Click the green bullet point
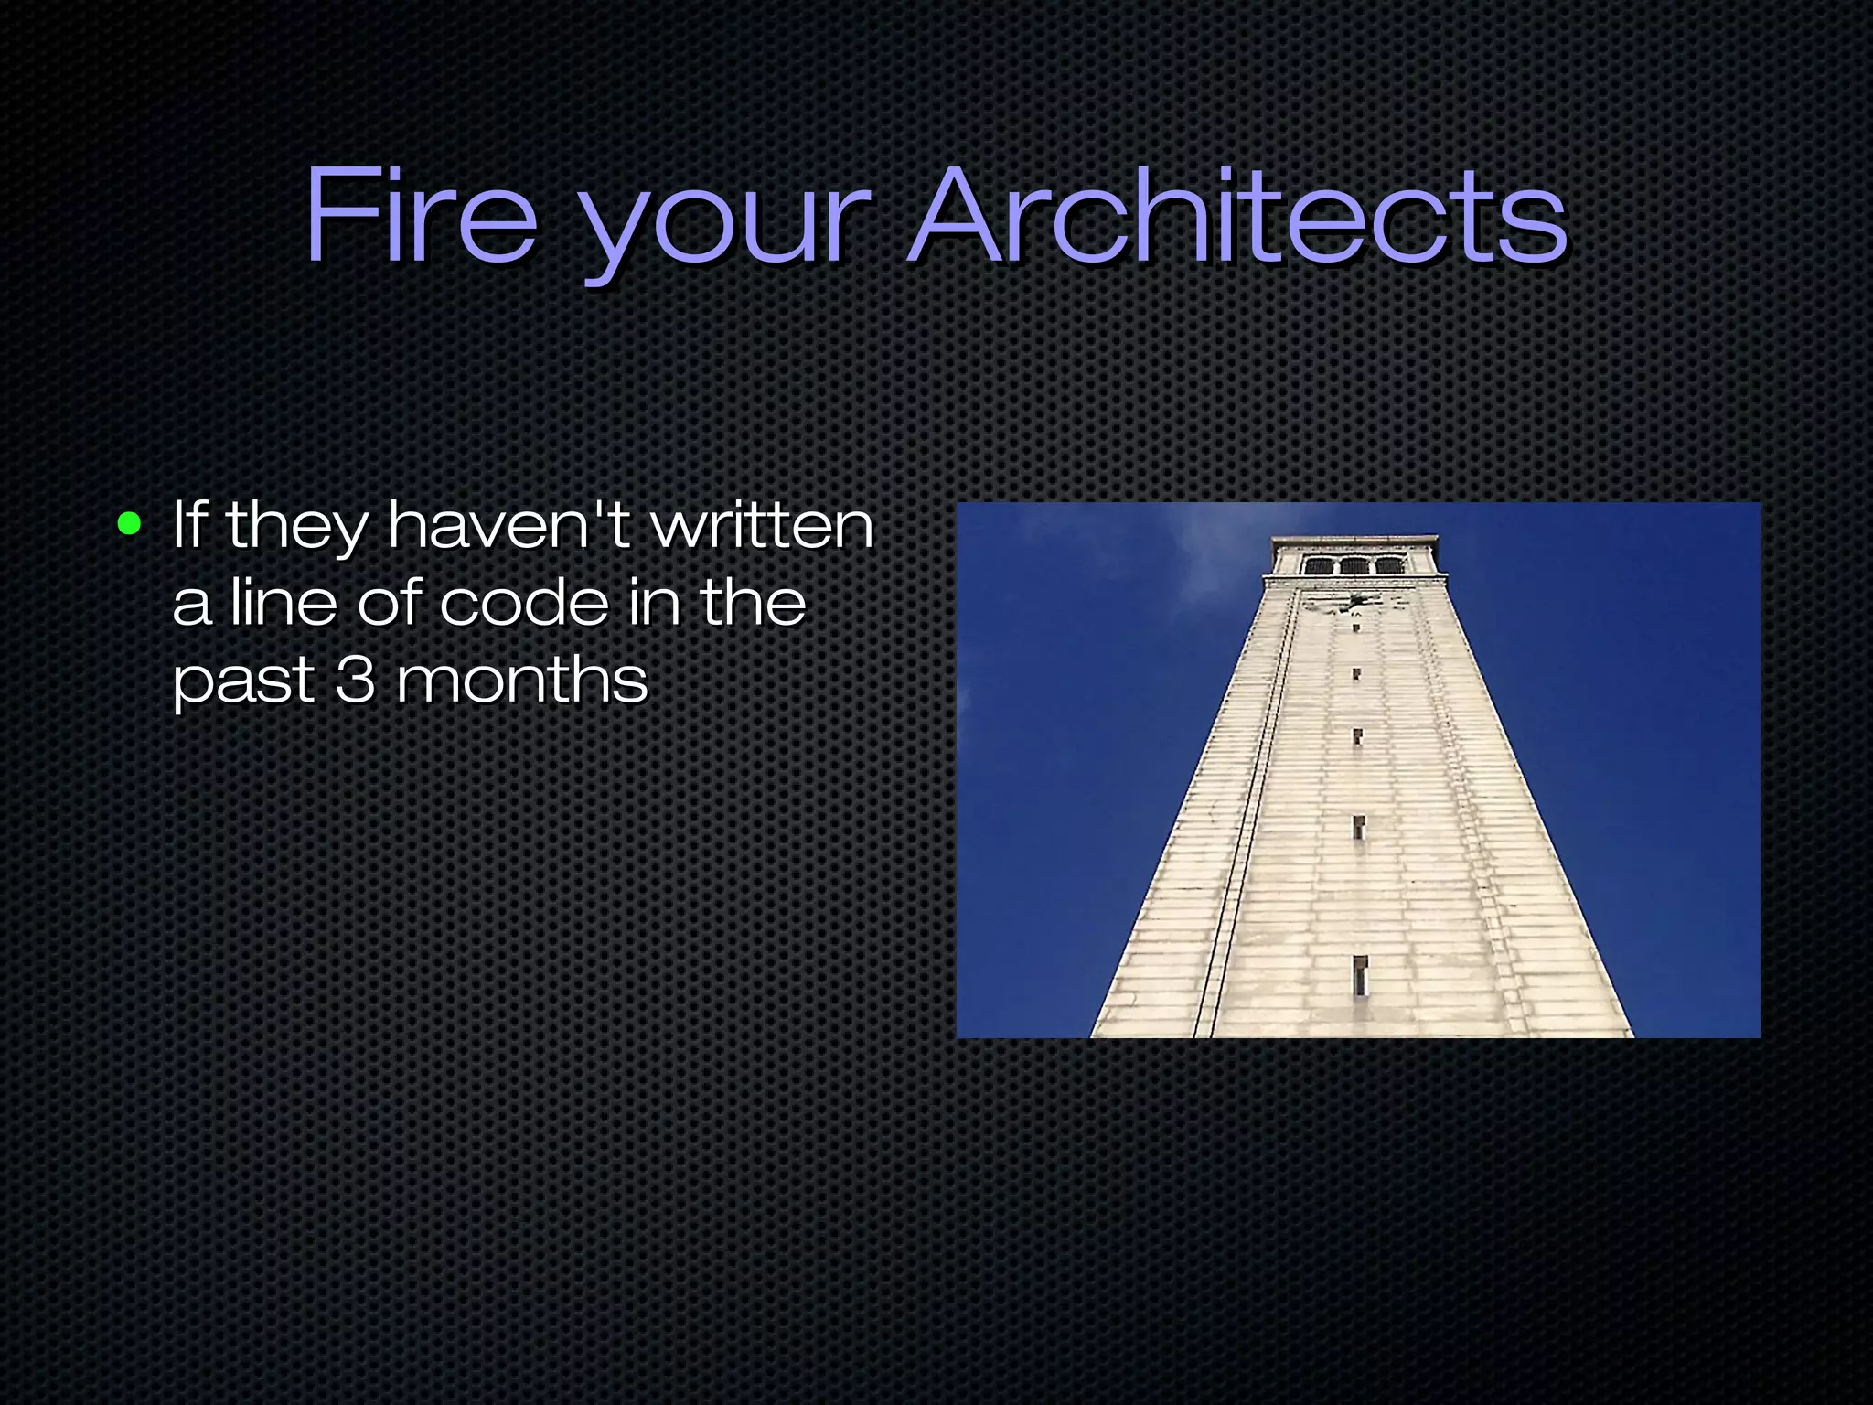[x=130, y=525]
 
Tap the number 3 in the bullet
[x=355, y=681]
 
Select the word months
[x=522, y=681]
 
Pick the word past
[x=242, y=684]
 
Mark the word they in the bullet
[x=295, y=529]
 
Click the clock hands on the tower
[x=1353, y=602]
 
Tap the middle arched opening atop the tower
[x=1353, y=566]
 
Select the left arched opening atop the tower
[x=1318, y=566]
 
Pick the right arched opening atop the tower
[x=1388, y=566]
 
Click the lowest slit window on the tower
[x=1360, y=976]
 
